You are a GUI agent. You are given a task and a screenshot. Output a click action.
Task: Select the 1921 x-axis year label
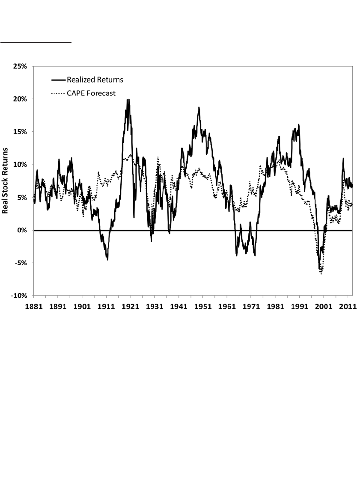coord(131,306)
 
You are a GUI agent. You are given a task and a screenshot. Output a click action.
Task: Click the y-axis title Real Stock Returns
coord(6,181)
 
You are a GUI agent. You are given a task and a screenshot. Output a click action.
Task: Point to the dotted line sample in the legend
coord(58,93)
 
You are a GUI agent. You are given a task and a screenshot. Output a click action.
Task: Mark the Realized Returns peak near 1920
coord(128,100)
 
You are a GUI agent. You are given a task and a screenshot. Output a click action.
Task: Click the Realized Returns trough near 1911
coord(107,259)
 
